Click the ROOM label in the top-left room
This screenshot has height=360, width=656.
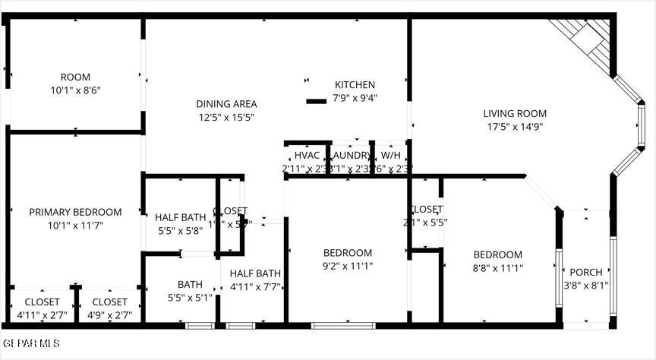pos(75,77)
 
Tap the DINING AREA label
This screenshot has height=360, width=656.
pos(226,104)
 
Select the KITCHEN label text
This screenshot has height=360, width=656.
pos(355,85)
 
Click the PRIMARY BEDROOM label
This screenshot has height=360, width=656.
pos(75,212)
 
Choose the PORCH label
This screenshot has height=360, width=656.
pos(586,272)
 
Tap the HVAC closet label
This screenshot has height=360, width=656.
pos(307,155)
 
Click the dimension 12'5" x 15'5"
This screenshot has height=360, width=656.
pos(226,117)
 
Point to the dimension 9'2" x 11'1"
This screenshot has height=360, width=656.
pos(348,266)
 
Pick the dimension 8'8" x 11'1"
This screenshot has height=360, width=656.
pos(498,267)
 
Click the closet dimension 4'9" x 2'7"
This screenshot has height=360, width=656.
pos(109,314)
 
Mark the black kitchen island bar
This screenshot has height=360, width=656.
pos(316,100)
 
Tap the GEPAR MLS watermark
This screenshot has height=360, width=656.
pos(30,344)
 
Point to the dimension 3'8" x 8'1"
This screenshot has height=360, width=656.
pos(586,286)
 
